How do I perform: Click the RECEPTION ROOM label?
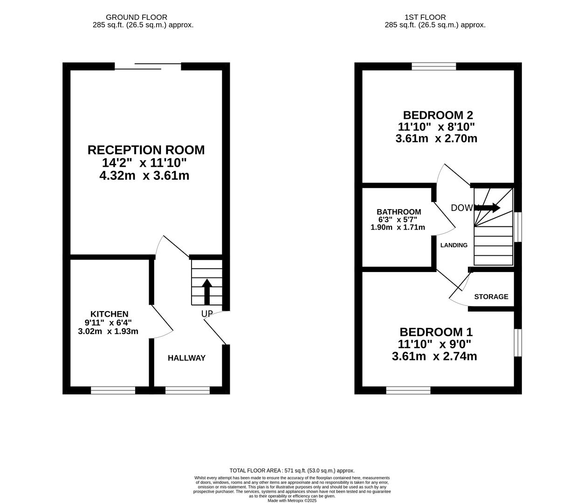click(x=146, y=150)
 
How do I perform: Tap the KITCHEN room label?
click(x=110, y=314)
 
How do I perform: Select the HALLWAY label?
click(x=186, y=358)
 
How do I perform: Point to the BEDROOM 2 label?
click(x=438, y=115)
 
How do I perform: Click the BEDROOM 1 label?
click(x=436, y=332)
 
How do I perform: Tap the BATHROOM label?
click(x=398, y=212)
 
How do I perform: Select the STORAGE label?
click(x=491, y=297)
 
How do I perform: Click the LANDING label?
click(x=454, y=245)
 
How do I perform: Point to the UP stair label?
click(x=207, y=313)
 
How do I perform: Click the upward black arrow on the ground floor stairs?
click(x=207, y=292)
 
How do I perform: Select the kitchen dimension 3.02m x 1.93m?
click(x=108, y=331)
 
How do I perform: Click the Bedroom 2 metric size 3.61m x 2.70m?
click(x=436, y=139)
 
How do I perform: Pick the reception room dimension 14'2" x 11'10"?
click(x=144, y=163)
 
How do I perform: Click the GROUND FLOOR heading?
click(x=137, y=17)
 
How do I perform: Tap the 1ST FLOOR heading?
click(x=425, y=17)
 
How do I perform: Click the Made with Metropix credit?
click(x=292, y=501)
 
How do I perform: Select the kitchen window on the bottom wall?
click(x=113, y=390)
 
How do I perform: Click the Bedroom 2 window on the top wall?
click(x=434, y=66)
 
